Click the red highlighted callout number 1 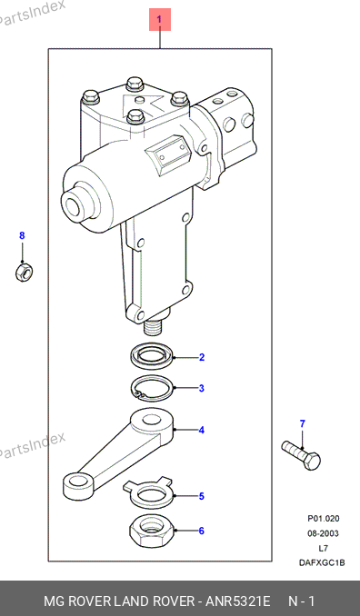tap(159, 19)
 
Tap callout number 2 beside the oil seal tap(201, 357)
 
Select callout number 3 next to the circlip tap(201, 389)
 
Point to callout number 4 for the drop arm tap(201, 430)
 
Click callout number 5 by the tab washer tap(201, 496)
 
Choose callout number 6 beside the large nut tap(201, 531)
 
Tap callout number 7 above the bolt tap(302, 424)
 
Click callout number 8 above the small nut tap(22, 235)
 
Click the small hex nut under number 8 tap(24, 272)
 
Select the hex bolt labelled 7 tap(301, 455)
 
